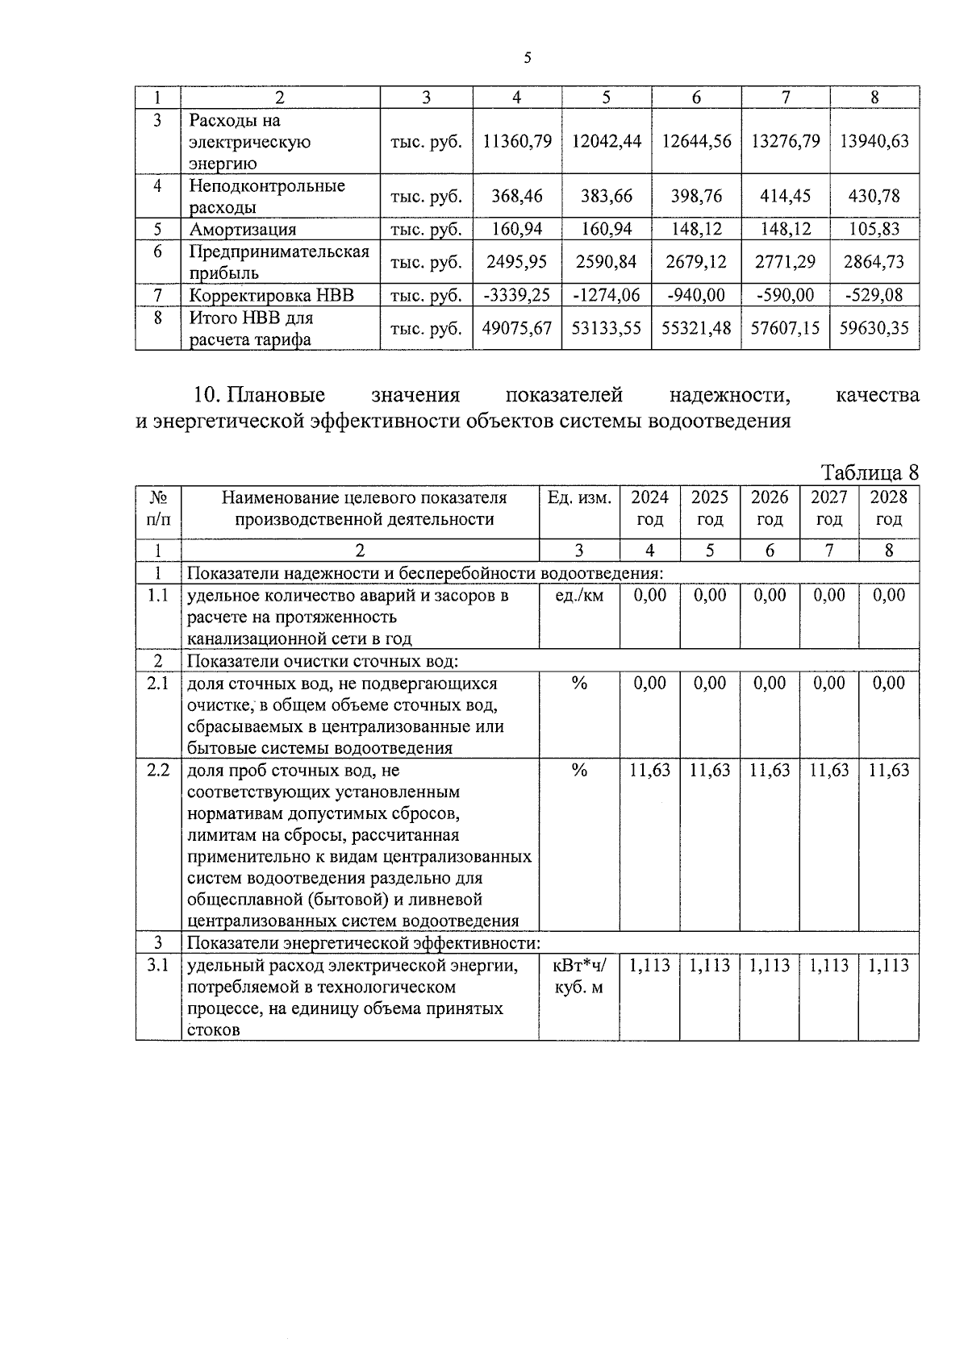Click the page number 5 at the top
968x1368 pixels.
(528, 57)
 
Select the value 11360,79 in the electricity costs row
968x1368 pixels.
(517, 141)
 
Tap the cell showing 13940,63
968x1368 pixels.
(874, 141)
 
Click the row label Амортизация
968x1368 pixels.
(242, 229)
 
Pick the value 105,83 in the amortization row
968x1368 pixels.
(874, 229)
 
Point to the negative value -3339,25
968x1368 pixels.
(517, 295)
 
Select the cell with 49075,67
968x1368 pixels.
(517, 328)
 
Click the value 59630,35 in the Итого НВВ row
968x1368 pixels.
(874, 328)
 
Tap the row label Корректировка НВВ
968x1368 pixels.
(271, 295)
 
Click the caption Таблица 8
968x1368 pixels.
(870, 472)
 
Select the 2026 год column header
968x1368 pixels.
(770, 509)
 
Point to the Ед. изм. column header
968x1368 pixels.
(579, 497)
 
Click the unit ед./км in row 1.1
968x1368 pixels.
(579, 596)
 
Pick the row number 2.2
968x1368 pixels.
(158, 770)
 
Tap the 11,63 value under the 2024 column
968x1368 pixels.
(649, 771)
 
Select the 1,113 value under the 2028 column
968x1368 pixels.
(888, 966)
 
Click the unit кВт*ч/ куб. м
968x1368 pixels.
(579, 976)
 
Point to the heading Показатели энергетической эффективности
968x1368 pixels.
(363, 943)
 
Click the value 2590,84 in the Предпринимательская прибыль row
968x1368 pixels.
(607, 262)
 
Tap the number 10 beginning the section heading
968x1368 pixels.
(207, 396)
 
